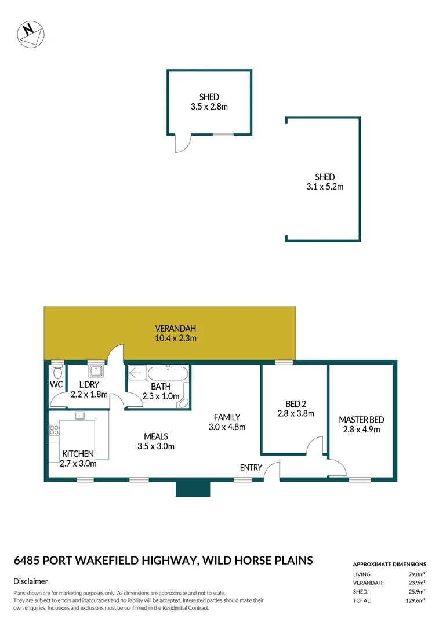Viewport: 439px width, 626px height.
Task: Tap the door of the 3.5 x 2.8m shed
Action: (182, 144)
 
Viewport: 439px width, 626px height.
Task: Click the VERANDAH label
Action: (170, 328)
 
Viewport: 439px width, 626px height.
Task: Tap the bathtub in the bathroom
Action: (168, 372)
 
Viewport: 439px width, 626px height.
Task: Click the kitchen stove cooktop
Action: (54, 430)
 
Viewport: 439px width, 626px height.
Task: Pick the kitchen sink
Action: (79, 415)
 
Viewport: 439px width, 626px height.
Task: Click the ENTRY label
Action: (251, 467)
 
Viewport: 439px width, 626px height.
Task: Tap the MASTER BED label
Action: (361, 420)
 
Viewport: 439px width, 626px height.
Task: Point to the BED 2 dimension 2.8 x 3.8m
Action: (295, 414)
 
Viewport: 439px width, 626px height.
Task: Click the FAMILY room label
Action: (227, 417)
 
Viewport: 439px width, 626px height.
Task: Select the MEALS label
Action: (156, 436)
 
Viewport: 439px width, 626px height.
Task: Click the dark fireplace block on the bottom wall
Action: (193, 489)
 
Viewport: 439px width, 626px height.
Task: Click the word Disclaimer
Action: (30, 581)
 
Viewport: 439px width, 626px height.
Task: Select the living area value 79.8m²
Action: (416, 574)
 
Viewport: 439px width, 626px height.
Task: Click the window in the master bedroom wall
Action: (360, 479)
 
